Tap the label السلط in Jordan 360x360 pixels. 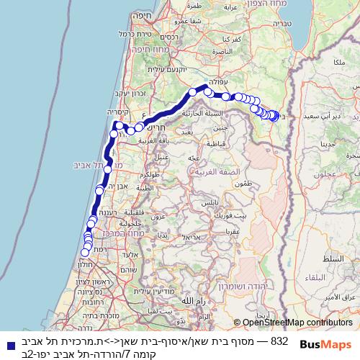(333, 258)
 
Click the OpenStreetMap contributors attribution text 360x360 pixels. (297, 323)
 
